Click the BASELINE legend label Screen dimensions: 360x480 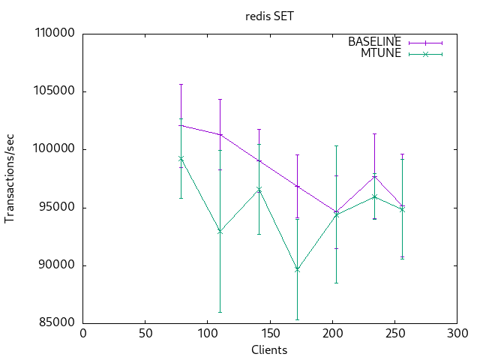pos(374,42)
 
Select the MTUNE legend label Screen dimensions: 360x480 pos(382,53)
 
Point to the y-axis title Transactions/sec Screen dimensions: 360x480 pos(10,178)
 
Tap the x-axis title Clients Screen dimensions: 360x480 pos(268,349)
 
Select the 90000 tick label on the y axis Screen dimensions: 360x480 pos(55,265)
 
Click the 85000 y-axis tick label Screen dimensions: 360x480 pos(55,323)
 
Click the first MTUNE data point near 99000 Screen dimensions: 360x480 pos(181,158)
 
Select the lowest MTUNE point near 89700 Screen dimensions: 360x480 pos(297,268)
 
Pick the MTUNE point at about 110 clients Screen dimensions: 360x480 pos(220,231)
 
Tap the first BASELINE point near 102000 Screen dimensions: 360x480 pos(181,125)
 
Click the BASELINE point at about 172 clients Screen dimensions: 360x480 pos(297,186)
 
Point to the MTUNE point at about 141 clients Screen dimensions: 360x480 pos(259,189)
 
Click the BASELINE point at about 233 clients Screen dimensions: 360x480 pos(374,176)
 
